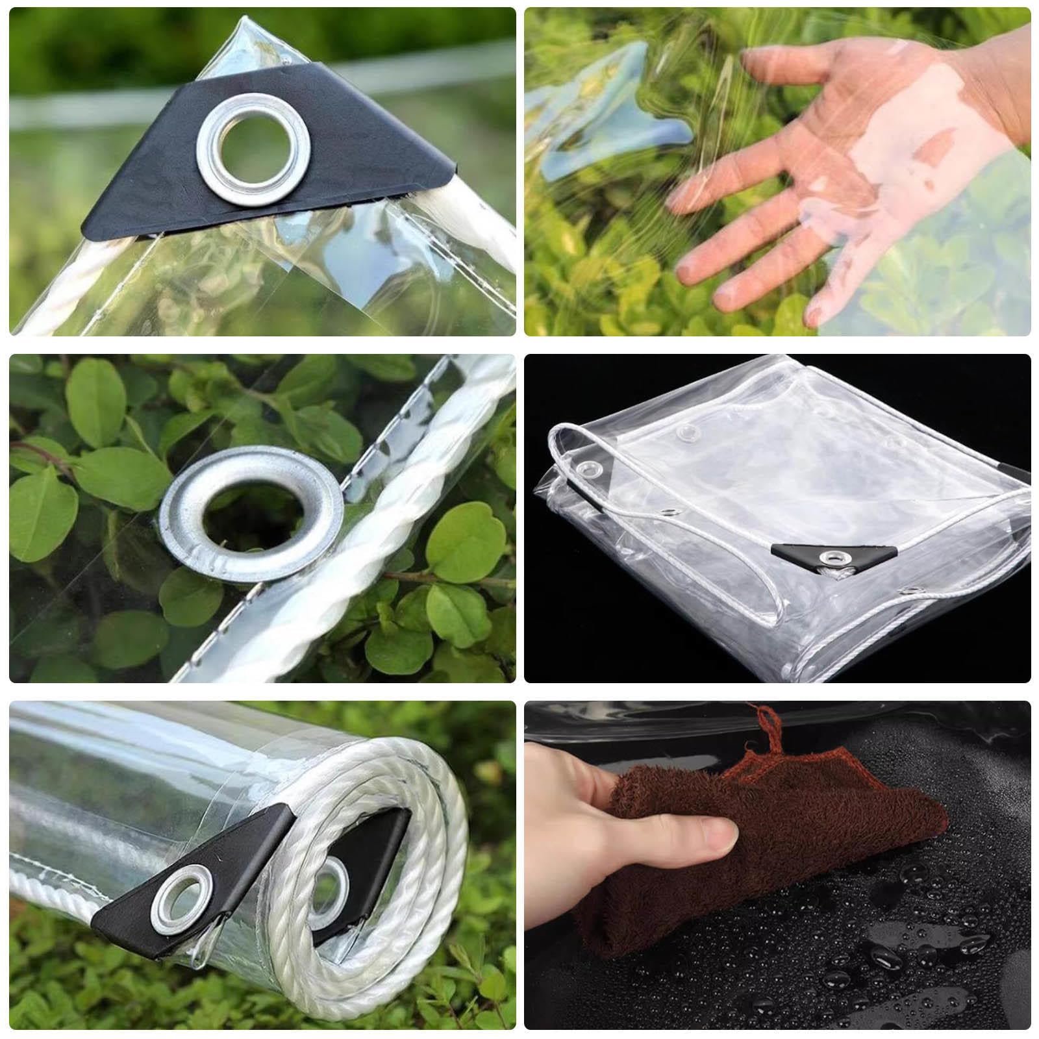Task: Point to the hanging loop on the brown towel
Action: (766, 727)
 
